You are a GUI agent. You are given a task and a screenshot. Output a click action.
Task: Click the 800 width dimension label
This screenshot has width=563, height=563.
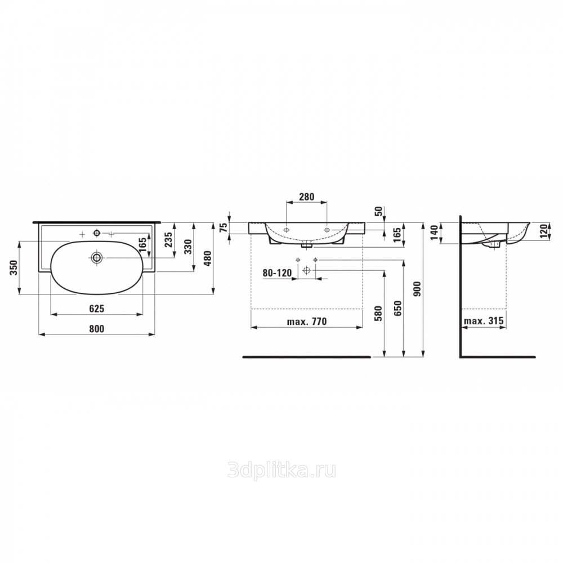pyautogui.click(x=97, y=329)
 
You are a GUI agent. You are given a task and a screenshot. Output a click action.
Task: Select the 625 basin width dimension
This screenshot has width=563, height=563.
pyautogui.click(x=97, y=309)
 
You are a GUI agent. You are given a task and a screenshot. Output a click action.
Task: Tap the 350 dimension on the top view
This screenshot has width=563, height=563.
pyautogui.click(x=14, y=267)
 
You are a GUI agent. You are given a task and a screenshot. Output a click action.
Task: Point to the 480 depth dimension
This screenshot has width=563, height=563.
pyautogui.click(x=208, y=258)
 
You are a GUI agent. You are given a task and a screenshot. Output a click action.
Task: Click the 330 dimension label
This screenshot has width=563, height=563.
pyautogui.click(x=189, y=247)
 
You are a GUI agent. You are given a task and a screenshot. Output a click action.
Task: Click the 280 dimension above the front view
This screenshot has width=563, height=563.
pyautogui.click(x=307, y=196)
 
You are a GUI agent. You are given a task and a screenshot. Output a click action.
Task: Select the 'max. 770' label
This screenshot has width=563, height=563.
pyautogui.click(x=307, y=321)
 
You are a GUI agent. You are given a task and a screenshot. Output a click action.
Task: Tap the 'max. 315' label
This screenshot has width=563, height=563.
pyautogui.click(x=484, y=321)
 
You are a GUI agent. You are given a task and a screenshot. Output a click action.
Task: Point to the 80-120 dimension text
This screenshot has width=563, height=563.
pyautogui.click(x=277, y=273)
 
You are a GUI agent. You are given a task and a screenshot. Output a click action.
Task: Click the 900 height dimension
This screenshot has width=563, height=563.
pyautogui.click(x=417, y=289)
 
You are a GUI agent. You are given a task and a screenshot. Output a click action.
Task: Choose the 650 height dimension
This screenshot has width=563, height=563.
pyautogui.click(x=398, y=308)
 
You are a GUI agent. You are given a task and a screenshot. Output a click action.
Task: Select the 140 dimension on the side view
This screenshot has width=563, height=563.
pyautogui.click(x=435, y=233)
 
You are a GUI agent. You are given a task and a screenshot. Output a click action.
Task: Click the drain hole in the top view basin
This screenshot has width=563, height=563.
pyautogui.click(x=97, y=257)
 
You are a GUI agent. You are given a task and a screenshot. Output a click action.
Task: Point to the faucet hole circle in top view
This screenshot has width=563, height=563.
pyautogui.click(x=96, y=234)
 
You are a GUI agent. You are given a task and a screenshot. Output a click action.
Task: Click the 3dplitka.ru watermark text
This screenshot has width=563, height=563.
pyautogui.click(x=282, y=471)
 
